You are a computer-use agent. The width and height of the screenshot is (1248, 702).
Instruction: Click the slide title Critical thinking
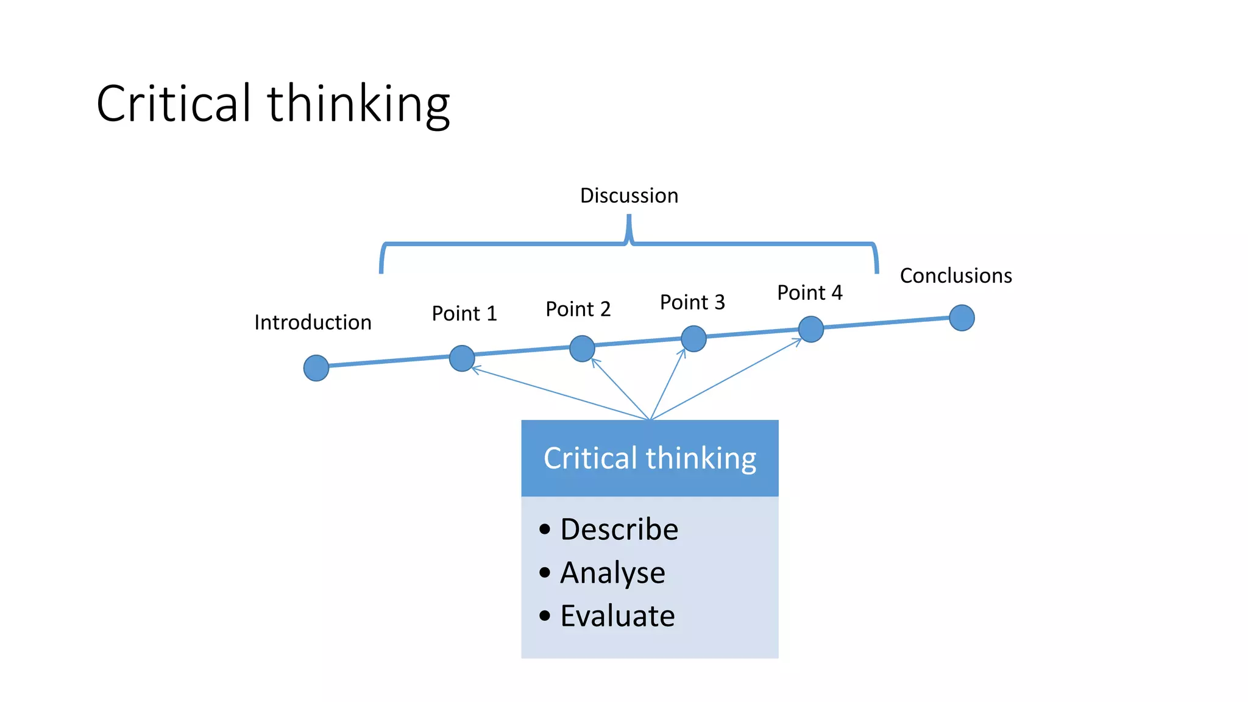tap(273, 104)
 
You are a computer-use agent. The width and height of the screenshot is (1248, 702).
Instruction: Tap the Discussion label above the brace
tap(629, 196)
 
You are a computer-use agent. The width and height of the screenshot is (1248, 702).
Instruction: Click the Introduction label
tap(313, 322)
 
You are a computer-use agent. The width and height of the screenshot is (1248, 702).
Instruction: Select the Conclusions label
tap(955, 275)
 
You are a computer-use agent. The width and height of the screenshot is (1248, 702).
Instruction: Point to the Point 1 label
tap(464, 313)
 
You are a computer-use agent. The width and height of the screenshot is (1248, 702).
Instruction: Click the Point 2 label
tap(578, 309)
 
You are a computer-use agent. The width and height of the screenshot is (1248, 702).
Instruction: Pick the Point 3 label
tap(692, 302)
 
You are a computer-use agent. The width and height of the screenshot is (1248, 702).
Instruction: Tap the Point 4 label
tap(809, 292)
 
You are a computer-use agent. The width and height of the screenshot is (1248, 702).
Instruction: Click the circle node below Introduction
tap(316, 368)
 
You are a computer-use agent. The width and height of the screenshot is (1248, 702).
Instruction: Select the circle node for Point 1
tap(462, 358)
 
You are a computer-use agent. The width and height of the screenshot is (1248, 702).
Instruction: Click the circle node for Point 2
tap(582, 349)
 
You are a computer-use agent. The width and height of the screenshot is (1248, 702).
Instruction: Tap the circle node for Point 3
tap(693, 339)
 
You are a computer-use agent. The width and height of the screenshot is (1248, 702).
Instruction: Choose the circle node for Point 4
tap(811, 329)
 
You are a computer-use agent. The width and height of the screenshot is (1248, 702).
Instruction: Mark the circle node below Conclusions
tap(962, 318)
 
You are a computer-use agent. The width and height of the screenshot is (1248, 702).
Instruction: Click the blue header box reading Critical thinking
tap(650, 458)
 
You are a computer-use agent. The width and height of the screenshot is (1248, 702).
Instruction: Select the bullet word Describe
tap(619, 529)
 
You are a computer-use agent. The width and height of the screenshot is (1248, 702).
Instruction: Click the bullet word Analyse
tap(612, 573)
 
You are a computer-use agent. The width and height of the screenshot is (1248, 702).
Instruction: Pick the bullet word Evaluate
tap(617, 616)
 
